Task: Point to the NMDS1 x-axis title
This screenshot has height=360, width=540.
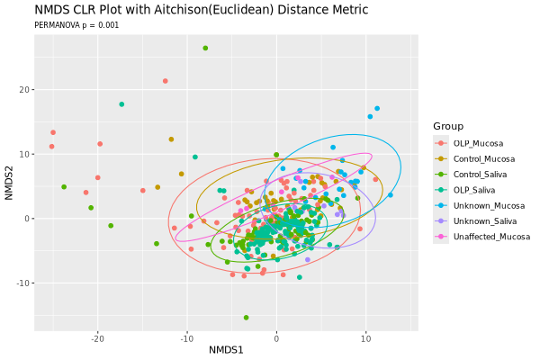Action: (226, 349)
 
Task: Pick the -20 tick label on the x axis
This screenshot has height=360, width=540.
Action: (97, 339)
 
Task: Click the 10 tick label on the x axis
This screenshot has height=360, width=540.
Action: (365, 339)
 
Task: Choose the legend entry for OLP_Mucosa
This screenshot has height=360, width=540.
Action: (478, 144)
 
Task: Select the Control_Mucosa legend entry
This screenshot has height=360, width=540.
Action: (483, 159)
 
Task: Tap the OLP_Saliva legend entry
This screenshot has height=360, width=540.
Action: (476, 191)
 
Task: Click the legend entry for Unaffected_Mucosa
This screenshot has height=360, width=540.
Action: (491, 237)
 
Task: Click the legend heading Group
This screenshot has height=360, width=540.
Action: (447, 125)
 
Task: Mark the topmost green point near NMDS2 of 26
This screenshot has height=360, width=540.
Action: (205, 48)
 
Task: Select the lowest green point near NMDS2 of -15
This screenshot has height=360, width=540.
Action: (246, 318)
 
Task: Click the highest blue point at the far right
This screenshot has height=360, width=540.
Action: (377, 109)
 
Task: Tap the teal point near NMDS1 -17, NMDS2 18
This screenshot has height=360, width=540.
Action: (121, 104)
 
